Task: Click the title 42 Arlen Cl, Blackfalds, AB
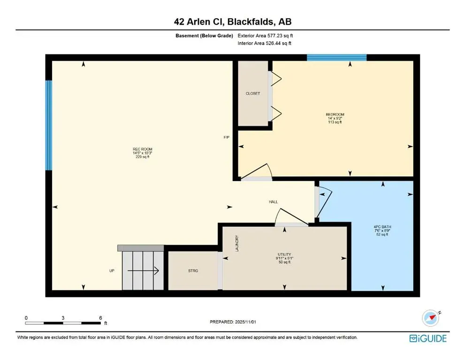click(x=232, y=22)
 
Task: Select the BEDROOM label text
click(x=335, y=114)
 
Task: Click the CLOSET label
click(x=252, y=94)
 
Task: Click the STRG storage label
click(x=193, y=271)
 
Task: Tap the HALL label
click(x=273, y=202)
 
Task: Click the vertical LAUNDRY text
click(x=237, y=244)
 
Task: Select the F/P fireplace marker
click(x=226, y=138)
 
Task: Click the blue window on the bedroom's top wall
click(x=336, y=58)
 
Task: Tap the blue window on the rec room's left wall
click(x=48, y=126)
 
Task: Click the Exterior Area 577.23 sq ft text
click(x=268, y=35)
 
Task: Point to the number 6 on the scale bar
click(x=100, y=317)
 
